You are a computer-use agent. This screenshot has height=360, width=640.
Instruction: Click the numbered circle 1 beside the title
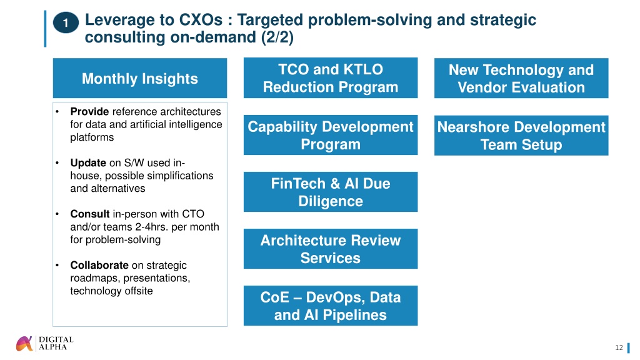(x=66, y=23)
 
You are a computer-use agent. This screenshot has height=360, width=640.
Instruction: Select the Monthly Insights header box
(x=140, y=78)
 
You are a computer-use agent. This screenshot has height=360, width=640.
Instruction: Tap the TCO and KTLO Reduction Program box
(x=331, y=78)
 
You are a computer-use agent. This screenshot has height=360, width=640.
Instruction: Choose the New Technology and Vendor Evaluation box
(x=521, y=78)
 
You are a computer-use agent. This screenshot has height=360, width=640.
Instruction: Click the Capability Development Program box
(x=331, y=135)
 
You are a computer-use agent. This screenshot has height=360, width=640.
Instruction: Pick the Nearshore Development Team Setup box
(x=521, y=136)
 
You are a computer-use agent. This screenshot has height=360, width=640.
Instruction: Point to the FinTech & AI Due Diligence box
(x=331, y=192)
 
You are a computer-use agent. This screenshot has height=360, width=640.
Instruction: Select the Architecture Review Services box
(x=331, y=249)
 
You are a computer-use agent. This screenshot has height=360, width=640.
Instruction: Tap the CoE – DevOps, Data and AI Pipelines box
(x=331, y=306)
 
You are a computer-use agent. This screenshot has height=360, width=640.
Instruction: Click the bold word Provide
(x=89, y=111)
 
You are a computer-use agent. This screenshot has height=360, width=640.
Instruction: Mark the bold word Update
(x=88, y=163)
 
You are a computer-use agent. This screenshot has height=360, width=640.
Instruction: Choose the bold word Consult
(x=90, y=214)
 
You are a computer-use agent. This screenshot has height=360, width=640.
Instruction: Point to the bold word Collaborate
(x=99, y=265)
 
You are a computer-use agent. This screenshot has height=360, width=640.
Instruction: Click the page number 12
(x=619, y=347)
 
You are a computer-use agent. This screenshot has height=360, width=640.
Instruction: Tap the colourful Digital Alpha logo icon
(x=24, y=344)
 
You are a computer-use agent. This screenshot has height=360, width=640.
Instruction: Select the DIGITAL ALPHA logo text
(x=56, y=343)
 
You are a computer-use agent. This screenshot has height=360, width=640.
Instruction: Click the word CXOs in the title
(x=201, y=19)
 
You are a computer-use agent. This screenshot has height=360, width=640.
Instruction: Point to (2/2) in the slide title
(x=277, y=37)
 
